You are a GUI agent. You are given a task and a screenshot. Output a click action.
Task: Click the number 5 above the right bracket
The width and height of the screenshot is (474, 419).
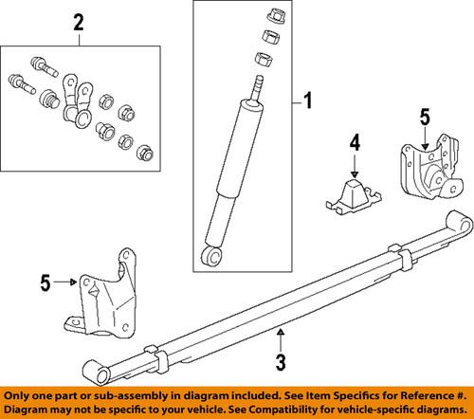click(x=425, y=118)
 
